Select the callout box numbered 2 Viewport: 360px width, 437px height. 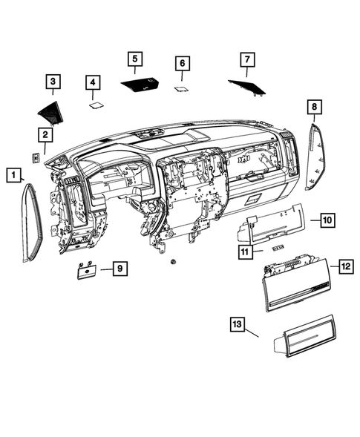click(x=45, y=134)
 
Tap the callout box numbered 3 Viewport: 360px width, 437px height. click(x=53, y=81)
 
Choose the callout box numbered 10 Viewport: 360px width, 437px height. click(x=327, y=220)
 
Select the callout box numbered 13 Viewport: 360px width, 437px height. click(x=237, y=325)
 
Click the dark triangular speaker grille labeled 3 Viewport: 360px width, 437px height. click(x=51, y=111)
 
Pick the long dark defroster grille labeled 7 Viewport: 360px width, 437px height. click(x=247, y=87)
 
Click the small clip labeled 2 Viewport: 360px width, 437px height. click(x=35, y=157)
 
